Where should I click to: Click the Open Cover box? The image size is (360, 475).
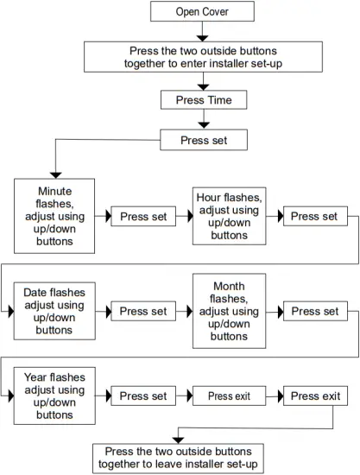pos(203,11)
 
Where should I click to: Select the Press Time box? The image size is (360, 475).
pos(203,100)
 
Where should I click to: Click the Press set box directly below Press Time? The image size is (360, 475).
pos(203,140)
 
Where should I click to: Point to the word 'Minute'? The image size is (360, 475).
pos(55,192)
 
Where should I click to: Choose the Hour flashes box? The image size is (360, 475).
pos(228,216)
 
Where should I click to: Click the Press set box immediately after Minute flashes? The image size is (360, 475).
pos(142,217)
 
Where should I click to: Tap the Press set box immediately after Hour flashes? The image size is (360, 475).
pos(314,216)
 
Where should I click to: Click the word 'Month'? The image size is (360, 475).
pos(228,286)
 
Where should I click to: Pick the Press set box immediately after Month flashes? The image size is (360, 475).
pos(314,311)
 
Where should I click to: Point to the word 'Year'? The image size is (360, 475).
pos(41,377)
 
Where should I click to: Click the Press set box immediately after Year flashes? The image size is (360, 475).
pos(142,396)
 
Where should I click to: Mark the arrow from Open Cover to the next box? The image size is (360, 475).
pos(203,32)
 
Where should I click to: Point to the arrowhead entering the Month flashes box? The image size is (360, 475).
pos(187,311)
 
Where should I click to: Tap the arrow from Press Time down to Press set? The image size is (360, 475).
pos(203,120)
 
